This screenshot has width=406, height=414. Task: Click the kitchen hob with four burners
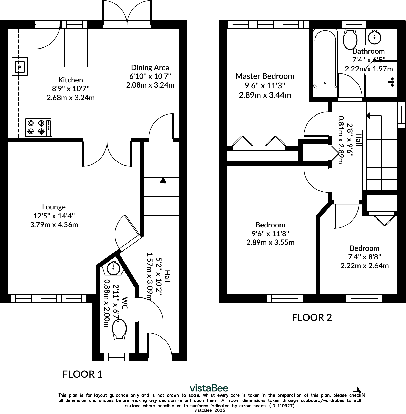point(38,127)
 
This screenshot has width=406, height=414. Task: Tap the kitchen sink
point(20,66)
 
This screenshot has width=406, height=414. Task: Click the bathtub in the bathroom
point(325,59)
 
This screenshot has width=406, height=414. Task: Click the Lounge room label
point(54,207)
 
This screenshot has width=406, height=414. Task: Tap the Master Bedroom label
point(265,76)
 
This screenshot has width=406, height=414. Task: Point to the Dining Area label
point(150,68)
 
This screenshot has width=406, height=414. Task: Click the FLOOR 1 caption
point(82,374)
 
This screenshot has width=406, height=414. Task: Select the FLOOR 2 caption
point(312,317)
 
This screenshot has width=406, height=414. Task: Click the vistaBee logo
point(209,388)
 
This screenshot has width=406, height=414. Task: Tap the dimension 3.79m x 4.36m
point(54,225)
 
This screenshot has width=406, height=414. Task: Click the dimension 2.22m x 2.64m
point(365,266)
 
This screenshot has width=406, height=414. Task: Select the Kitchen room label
point(71,80)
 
